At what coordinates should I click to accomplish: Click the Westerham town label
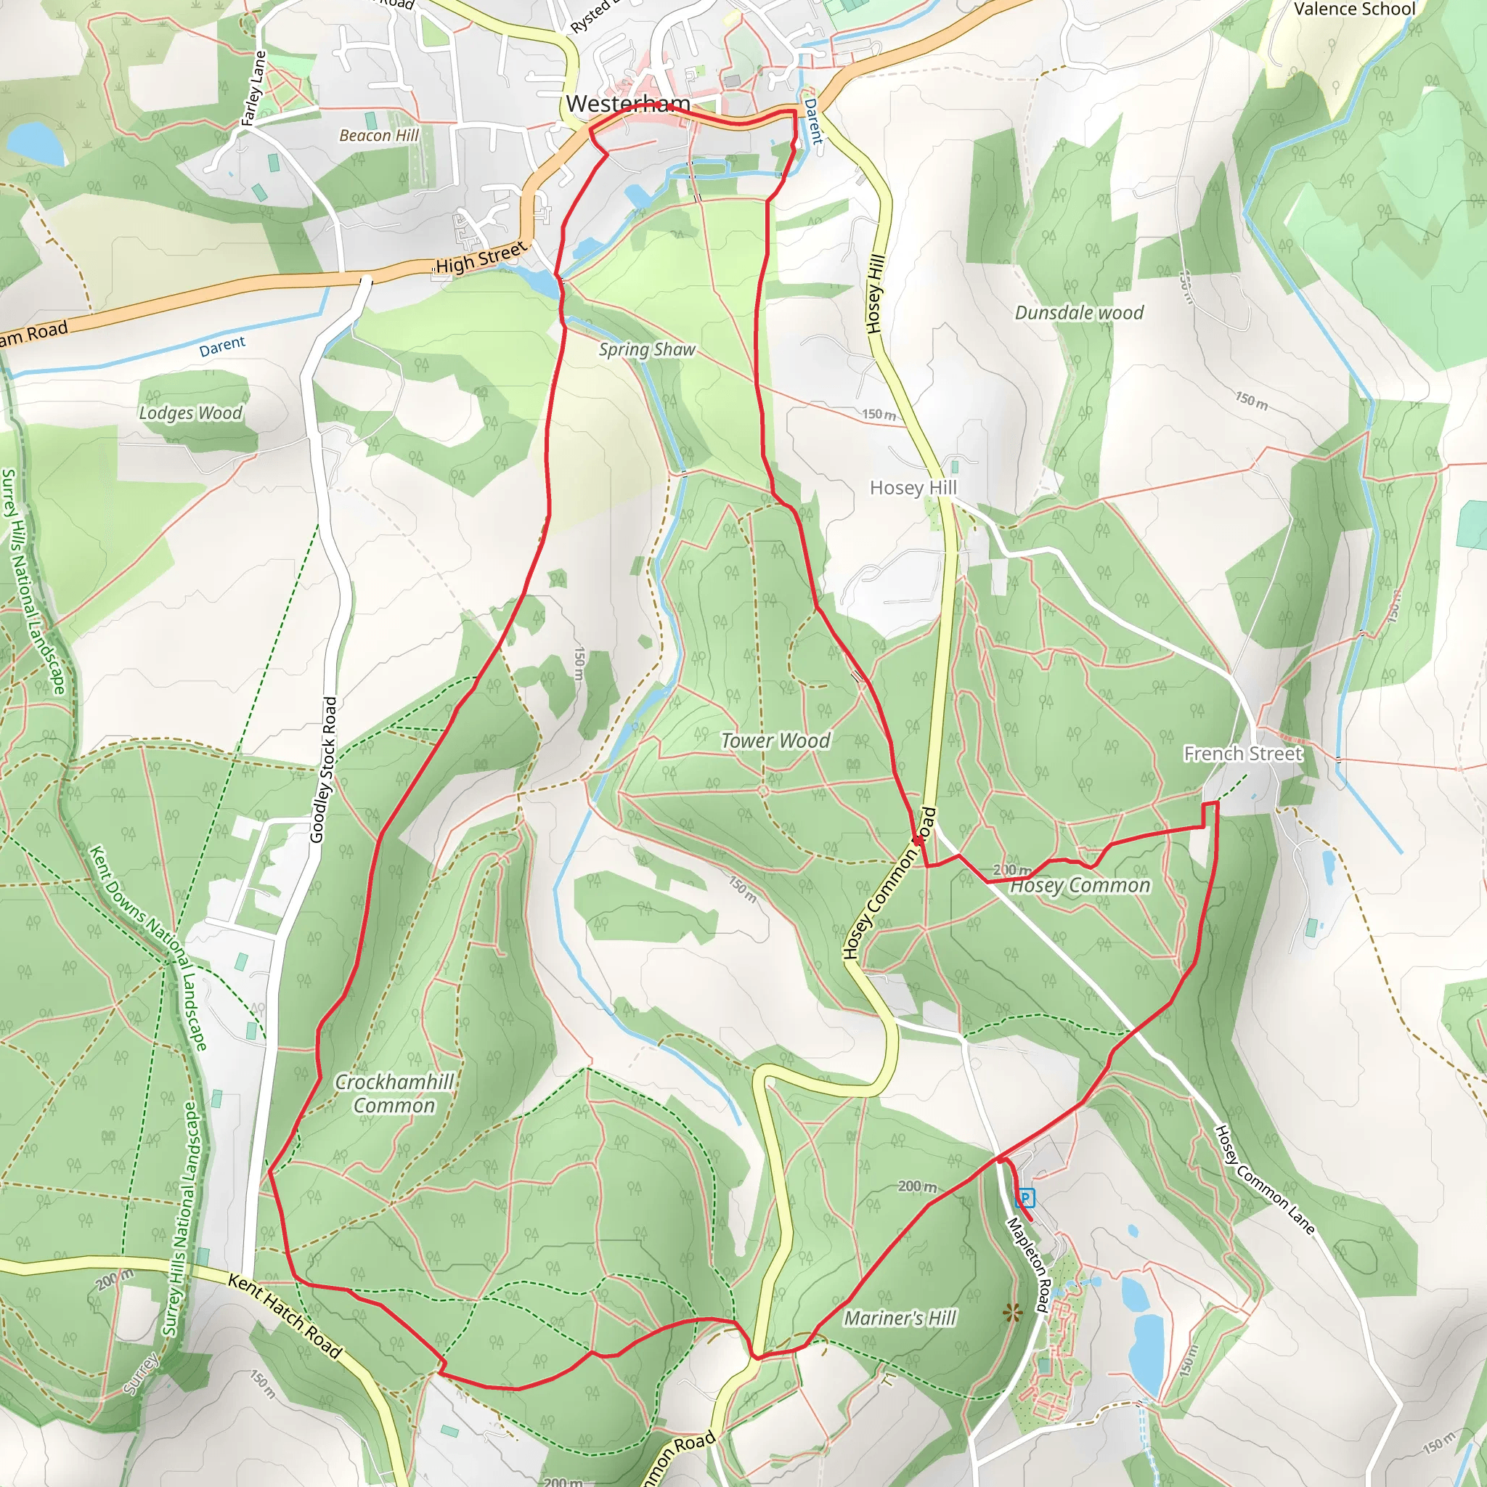tap(627, 103)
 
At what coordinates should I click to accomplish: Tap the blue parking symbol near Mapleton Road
tap(1024, 1198)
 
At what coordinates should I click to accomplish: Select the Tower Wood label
tap(775, 741)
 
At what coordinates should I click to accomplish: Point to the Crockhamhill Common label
tap(394, 1093)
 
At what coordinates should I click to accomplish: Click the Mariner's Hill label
tap(900, 1319)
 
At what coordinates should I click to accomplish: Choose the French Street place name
tap(1243, 754)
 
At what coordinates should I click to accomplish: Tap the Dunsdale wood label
tap(1079, 312)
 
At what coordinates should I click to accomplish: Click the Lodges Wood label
tap(190, 412)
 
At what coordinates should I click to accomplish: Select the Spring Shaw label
tap(646, 349)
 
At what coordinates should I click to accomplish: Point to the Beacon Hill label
tap(379, 136)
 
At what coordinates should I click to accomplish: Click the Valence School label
tap(1355, 9)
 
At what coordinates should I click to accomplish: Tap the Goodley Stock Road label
tap(323, 770)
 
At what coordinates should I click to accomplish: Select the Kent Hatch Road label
tap(285, 1316)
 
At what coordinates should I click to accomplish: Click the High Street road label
tap(481, 258)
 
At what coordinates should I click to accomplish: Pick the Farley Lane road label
tap(253, 88)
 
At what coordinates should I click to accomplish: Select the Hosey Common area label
tap(1080, 886)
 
